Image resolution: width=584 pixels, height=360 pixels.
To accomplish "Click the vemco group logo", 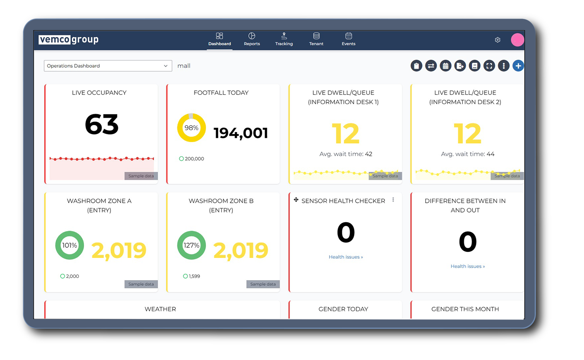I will (69, 39).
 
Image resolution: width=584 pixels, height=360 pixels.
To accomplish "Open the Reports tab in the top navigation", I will (252, 39).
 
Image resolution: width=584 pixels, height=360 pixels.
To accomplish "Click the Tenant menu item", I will (316, 39).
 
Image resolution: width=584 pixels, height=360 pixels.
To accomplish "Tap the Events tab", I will (349, 39).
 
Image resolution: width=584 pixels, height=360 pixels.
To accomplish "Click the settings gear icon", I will (498, 40).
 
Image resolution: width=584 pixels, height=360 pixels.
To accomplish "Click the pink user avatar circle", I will (517, 39).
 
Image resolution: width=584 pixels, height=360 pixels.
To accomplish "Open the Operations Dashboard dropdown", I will (108, 66).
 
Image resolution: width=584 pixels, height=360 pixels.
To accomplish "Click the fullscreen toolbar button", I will (489, 66).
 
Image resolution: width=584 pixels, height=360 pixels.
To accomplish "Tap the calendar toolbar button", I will (445, 66).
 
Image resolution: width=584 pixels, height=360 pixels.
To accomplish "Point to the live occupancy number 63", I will (101, 125).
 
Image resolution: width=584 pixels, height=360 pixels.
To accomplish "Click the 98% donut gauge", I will (191, 128).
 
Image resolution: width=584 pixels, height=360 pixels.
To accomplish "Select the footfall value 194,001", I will (240, 133).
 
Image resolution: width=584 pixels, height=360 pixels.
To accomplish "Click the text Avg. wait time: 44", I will (467, 154).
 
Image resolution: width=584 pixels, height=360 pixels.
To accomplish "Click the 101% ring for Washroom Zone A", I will (70, 245).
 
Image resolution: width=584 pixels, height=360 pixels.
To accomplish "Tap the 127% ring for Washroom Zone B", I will (191, 245).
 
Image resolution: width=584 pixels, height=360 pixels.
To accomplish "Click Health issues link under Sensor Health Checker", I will (345, 257).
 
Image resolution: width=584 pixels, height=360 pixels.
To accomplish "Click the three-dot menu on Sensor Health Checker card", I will (393, 200).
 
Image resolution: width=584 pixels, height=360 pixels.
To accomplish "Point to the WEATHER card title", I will (160, 309).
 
